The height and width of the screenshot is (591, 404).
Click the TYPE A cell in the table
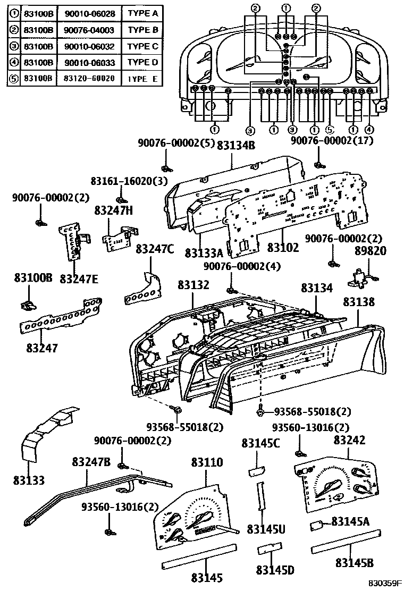click(143, 13)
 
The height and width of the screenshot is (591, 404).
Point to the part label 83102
click(283, 247)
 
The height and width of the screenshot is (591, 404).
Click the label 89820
click(371, 250)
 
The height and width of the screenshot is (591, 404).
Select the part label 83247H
click(114, 210)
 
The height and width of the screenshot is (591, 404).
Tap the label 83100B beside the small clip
click(33, 277)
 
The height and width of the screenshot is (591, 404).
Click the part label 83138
click(358, 301)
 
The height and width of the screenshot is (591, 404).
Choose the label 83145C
click(260, 443)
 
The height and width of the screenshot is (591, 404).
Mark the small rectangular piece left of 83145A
click(317, 526)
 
